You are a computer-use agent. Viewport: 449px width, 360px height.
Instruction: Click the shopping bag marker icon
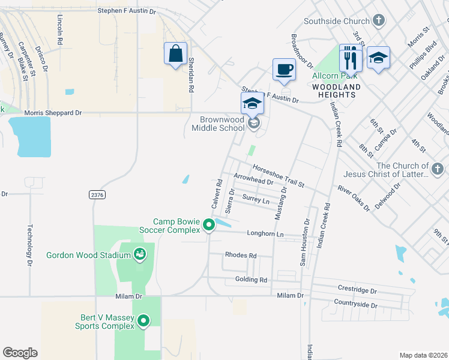(175, 54)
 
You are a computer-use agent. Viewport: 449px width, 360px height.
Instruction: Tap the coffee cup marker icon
(284, 69)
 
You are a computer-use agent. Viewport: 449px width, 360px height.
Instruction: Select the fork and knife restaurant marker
(351, 59)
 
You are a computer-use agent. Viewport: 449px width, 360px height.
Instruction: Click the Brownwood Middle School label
(218, 124)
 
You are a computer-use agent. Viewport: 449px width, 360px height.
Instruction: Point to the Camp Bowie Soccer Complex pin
(209, 226)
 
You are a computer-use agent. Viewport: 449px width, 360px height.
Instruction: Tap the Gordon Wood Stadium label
(88, 255)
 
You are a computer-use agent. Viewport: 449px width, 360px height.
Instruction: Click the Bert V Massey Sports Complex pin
(143, 322)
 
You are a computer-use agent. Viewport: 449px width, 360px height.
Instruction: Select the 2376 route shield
(96, 194)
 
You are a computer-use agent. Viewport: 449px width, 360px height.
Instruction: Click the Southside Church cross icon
(378, 21)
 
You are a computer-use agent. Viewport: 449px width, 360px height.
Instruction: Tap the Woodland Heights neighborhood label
(336, 91)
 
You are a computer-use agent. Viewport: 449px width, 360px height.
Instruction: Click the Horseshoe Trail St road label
(279, 175)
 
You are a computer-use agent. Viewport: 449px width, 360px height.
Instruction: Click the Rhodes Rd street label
(240, 256)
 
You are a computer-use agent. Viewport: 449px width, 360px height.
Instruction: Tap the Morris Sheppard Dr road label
(53, 112)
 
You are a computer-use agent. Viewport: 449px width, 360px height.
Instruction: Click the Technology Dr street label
(29, 245)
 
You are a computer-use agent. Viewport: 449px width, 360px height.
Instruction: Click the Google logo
(20, 353)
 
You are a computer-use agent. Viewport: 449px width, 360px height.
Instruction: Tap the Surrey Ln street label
(256, 199)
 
